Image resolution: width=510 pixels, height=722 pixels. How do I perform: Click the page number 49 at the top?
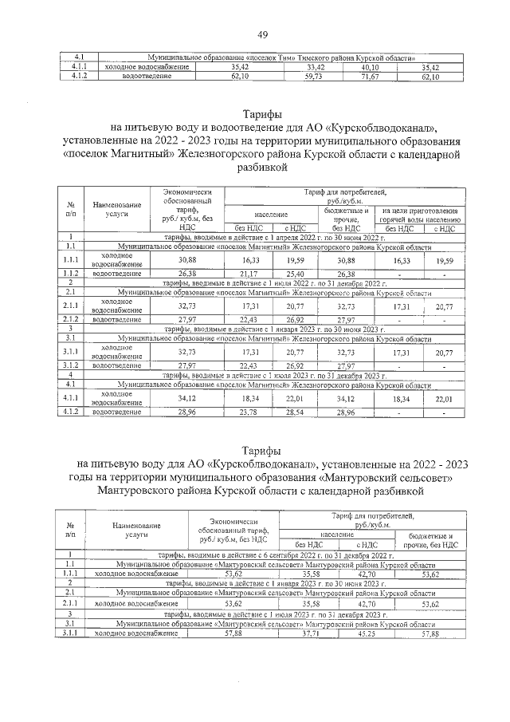261,34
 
